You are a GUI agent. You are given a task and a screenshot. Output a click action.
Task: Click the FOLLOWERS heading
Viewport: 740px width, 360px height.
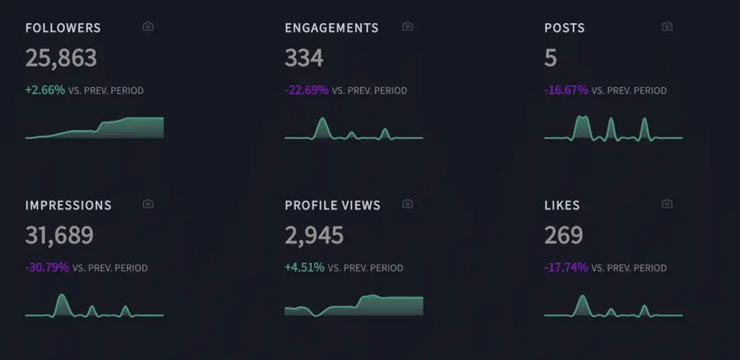[63, 28]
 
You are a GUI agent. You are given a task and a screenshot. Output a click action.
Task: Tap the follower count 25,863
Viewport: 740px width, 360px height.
[61, 58]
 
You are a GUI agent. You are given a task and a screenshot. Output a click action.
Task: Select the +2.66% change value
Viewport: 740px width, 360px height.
[45, 90]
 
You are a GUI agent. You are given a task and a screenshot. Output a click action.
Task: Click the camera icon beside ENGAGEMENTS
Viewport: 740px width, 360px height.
[407, 27]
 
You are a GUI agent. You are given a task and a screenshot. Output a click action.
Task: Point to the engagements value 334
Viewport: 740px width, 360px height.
[304, 58]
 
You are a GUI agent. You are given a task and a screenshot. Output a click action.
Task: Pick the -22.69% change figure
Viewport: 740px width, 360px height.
[307, 90]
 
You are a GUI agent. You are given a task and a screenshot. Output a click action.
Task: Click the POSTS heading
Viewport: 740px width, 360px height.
[565, 28]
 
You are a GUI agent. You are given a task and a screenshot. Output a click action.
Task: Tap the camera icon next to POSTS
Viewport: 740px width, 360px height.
[667, 27]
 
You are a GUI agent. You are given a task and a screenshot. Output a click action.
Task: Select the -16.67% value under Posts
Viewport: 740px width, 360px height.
[567, 90]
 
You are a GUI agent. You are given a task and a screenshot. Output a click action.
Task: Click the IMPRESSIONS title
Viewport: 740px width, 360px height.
[68, 205]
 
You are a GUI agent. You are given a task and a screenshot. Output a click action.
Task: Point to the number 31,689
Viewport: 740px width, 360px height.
[59, 236]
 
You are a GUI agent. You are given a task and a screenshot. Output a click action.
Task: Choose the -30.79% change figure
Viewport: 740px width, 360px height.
[48, 268]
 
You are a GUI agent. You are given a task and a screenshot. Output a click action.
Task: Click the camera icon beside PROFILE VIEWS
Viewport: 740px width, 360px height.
[407, 205]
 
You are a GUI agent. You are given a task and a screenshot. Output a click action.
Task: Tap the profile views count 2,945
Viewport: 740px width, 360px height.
[314, 236]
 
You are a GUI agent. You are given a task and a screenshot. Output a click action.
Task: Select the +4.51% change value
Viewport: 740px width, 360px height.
[305, 268]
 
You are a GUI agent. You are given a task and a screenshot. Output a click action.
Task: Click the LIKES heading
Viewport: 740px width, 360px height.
[562, 205]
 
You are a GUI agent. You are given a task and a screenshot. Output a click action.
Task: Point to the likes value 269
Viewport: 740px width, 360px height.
[564, 236]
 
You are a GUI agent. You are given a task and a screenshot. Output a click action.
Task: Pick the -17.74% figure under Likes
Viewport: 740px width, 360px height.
[567, 268]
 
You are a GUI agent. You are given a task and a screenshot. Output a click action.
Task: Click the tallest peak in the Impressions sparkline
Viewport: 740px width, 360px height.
[61, 296]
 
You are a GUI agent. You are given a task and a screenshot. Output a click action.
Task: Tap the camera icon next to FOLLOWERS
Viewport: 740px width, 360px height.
[148, 27]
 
